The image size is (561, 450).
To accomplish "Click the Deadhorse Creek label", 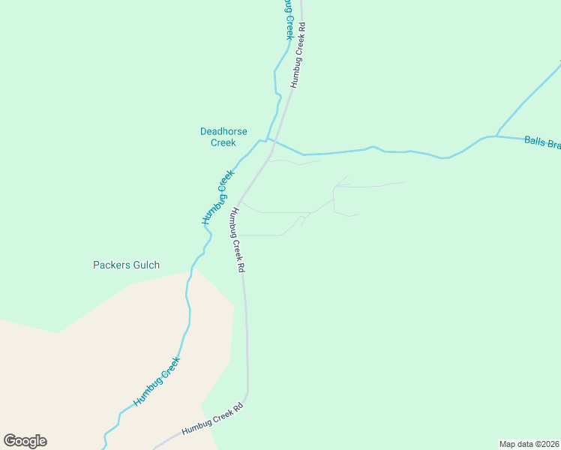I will tap(223, 136).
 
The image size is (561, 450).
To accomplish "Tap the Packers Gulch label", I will tap(126, 265).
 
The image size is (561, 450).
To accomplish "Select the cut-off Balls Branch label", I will tap(541, 141).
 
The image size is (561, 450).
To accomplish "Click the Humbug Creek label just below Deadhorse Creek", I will tap(218, 197).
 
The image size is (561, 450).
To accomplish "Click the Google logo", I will tap(25, 441).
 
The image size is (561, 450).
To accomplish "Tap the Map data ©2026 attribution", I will tap(528, 443).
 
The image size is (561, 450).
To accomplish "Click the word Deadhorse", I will tap(223, 131).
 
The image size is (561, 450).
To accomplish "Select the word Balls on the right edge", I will tap(535, 140).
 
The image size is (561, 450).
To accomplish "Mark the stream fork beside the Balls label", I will tap(496, 136).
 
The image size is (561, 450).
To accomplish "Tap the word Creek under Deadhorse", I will tap(223, 142).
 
